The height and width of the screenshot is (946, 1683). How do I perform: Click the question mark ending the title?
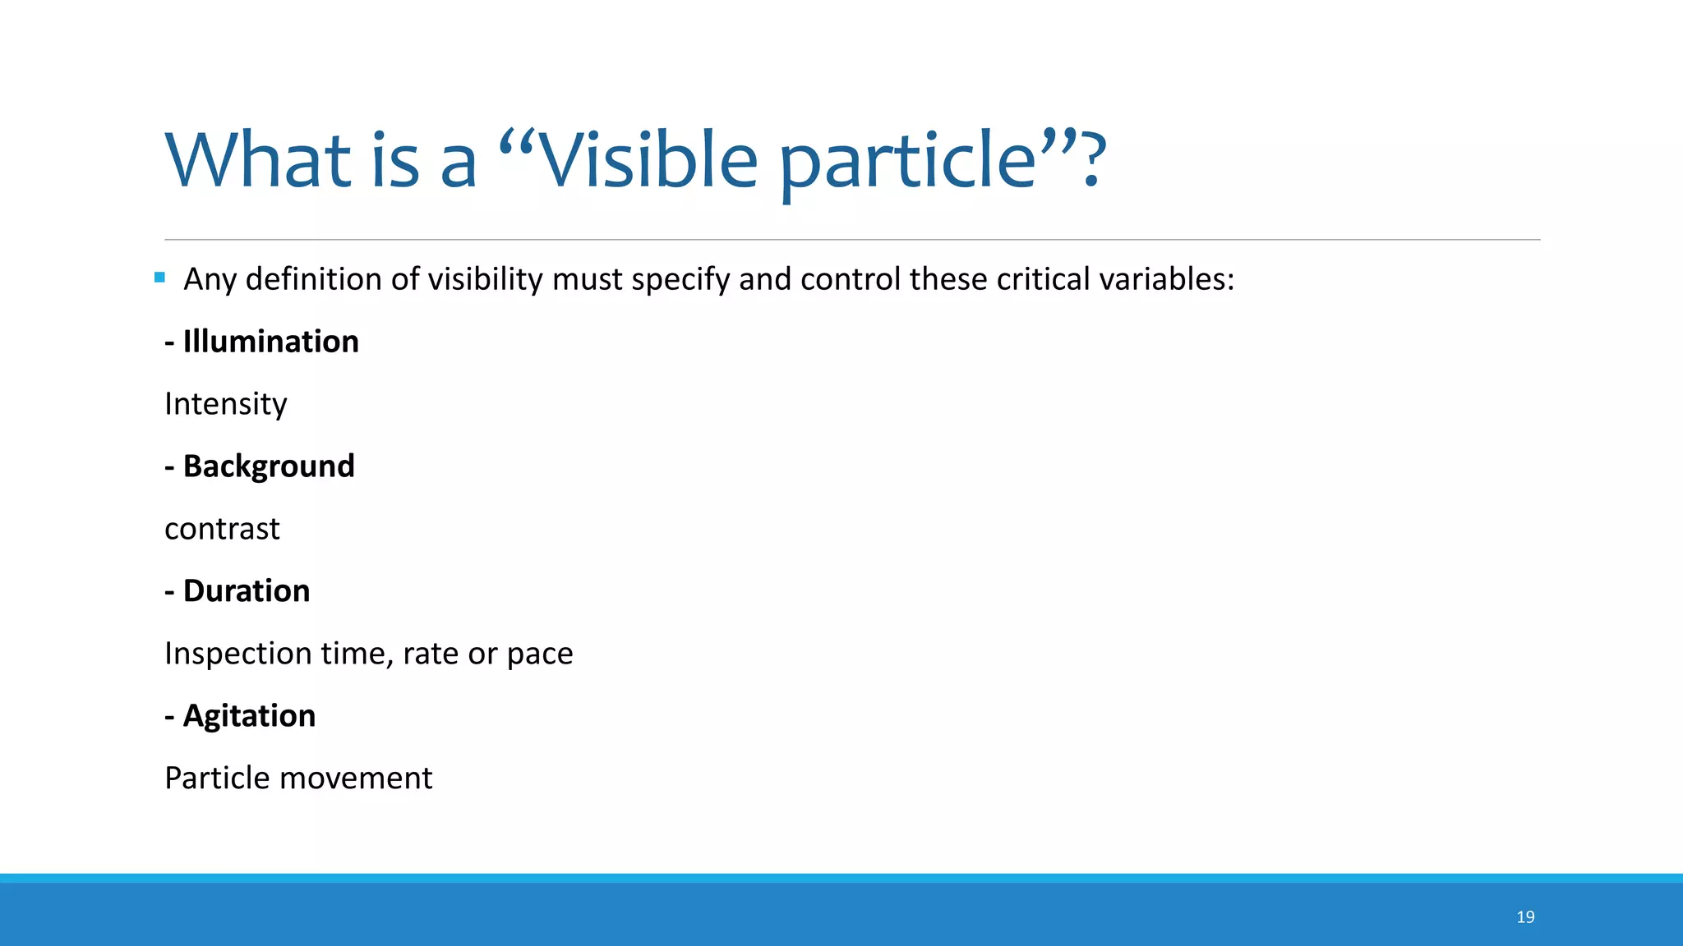pyautogui.click(x=1090, y=160)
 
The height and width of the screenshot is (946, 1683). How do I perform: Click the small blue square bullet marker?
pyautogui.click(x=159, y=278)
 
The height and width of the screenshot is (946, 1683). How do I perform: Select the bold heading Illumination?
pyautogui.click(x=270, y=342)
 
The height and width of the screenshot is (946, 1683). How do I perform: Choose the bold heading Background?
pyautogui.click(x=269, y=466)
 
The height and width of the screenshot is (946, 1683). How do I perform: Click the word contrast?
pyautogui.click(x=222, y=529)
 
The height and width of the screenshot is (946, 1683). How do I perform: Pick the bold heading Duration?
pyautogui.click(x=246, y=591)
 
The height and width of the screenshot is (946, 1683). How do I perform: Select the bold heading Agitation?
pyautogui.click(x=249, y=716)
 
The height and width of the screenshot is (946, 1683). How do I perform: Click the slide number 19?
pyautogui.click(x=1525, y=917)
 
